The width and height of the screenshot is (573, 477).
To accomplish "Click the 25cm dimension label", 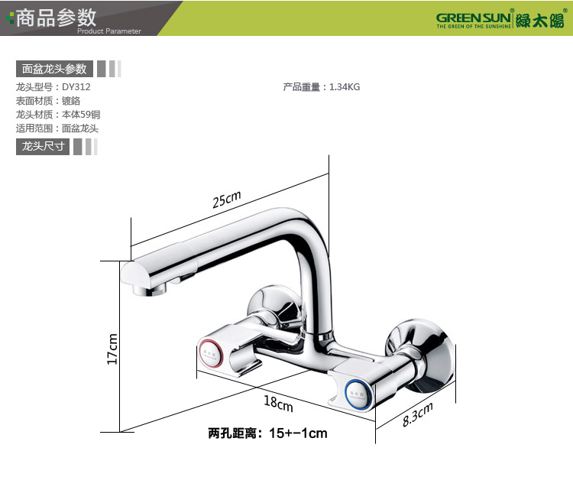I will [226, 200].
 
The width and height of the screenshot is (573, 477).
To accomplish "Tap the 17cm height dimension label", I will [112, 349].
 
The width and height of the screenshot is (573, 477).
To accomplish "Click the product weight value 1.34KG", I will [345, 87].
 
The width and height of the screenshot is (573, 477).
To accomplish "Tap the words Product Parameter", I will [109, 31].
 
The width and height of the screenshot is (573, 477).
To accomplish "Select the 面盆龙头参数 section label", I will [54, 69].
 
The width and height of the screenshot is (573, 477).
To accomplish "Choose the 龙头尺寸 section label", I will [43, 146].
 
